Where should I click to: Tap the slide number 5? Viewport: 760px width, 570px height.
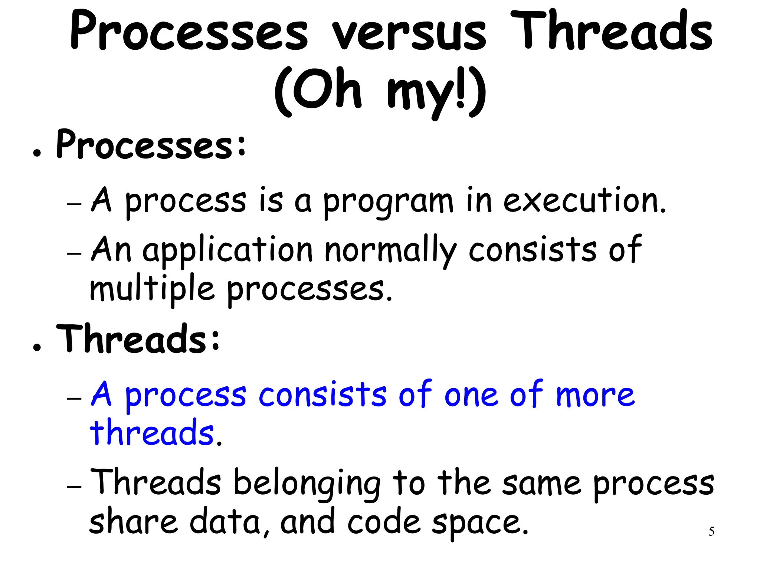(711, 531)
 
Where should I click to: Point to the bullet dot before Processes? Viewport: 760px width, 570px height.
(36, 153)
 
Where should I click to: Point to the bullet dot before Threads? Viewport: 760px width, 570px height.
(36, 347)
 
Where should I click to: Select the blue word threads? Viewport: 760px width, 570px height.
(152, 433)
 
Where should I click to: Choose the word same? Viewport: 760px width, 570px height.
(541, 484)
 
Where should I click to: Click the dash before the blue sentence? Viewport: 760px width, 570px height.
(74, 398)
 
